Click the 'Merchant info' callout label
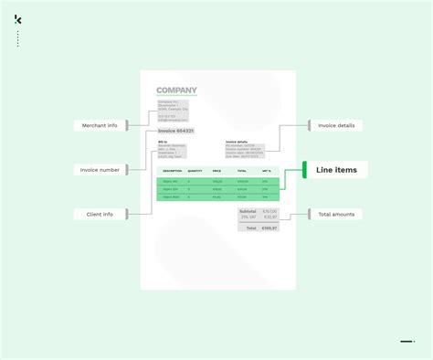click(100, 125)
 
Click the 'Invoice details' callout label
click(336, 125)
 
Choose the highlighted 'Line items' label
click(337, 169)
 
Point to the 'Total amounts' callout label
click(337, 214)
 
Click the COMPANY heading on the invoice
click(176, 90)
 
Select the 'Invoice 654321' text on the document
click(175, 132)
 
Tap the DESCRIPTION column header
click(172, 171)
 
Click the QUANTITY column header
click(195, 171)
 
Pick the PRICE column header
click(216, 171)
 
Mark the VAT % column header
click(266, 171)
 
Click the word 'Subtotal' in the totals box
click(248, 211)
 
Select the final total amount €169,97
click(269, 228)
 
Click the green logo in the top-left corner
click(18, 19)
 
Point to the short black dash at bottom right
click(407, 342)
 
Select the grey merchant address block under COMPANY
click(173, 110)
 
